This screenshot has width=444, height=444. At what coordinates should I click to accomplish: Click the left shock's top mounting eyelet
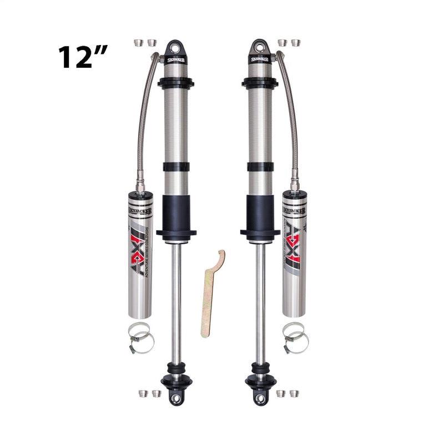click(176, 46)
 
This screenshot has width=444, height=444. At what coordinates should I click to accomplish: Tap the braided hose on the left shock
click(145, 122)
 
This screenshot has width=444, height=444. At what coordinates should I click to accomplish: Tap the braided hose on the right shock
click(290, 122)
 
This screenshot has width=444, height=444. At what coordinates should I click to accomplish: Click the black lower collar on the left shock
click(176, 214)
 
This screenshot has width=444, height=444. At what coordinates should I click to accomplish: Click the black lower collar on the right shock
click(259, 214)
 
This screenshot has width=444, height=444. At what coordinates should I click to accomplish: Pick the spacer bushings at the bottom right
click(288, 393)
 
